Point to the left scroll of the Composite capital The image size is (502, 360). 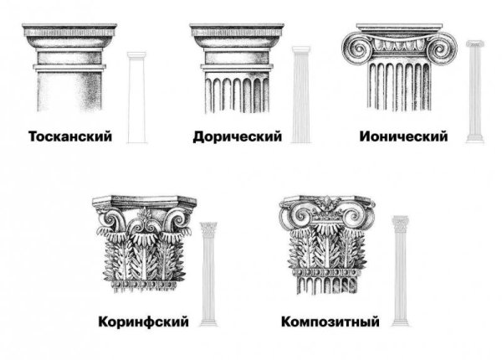point(296,213)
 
